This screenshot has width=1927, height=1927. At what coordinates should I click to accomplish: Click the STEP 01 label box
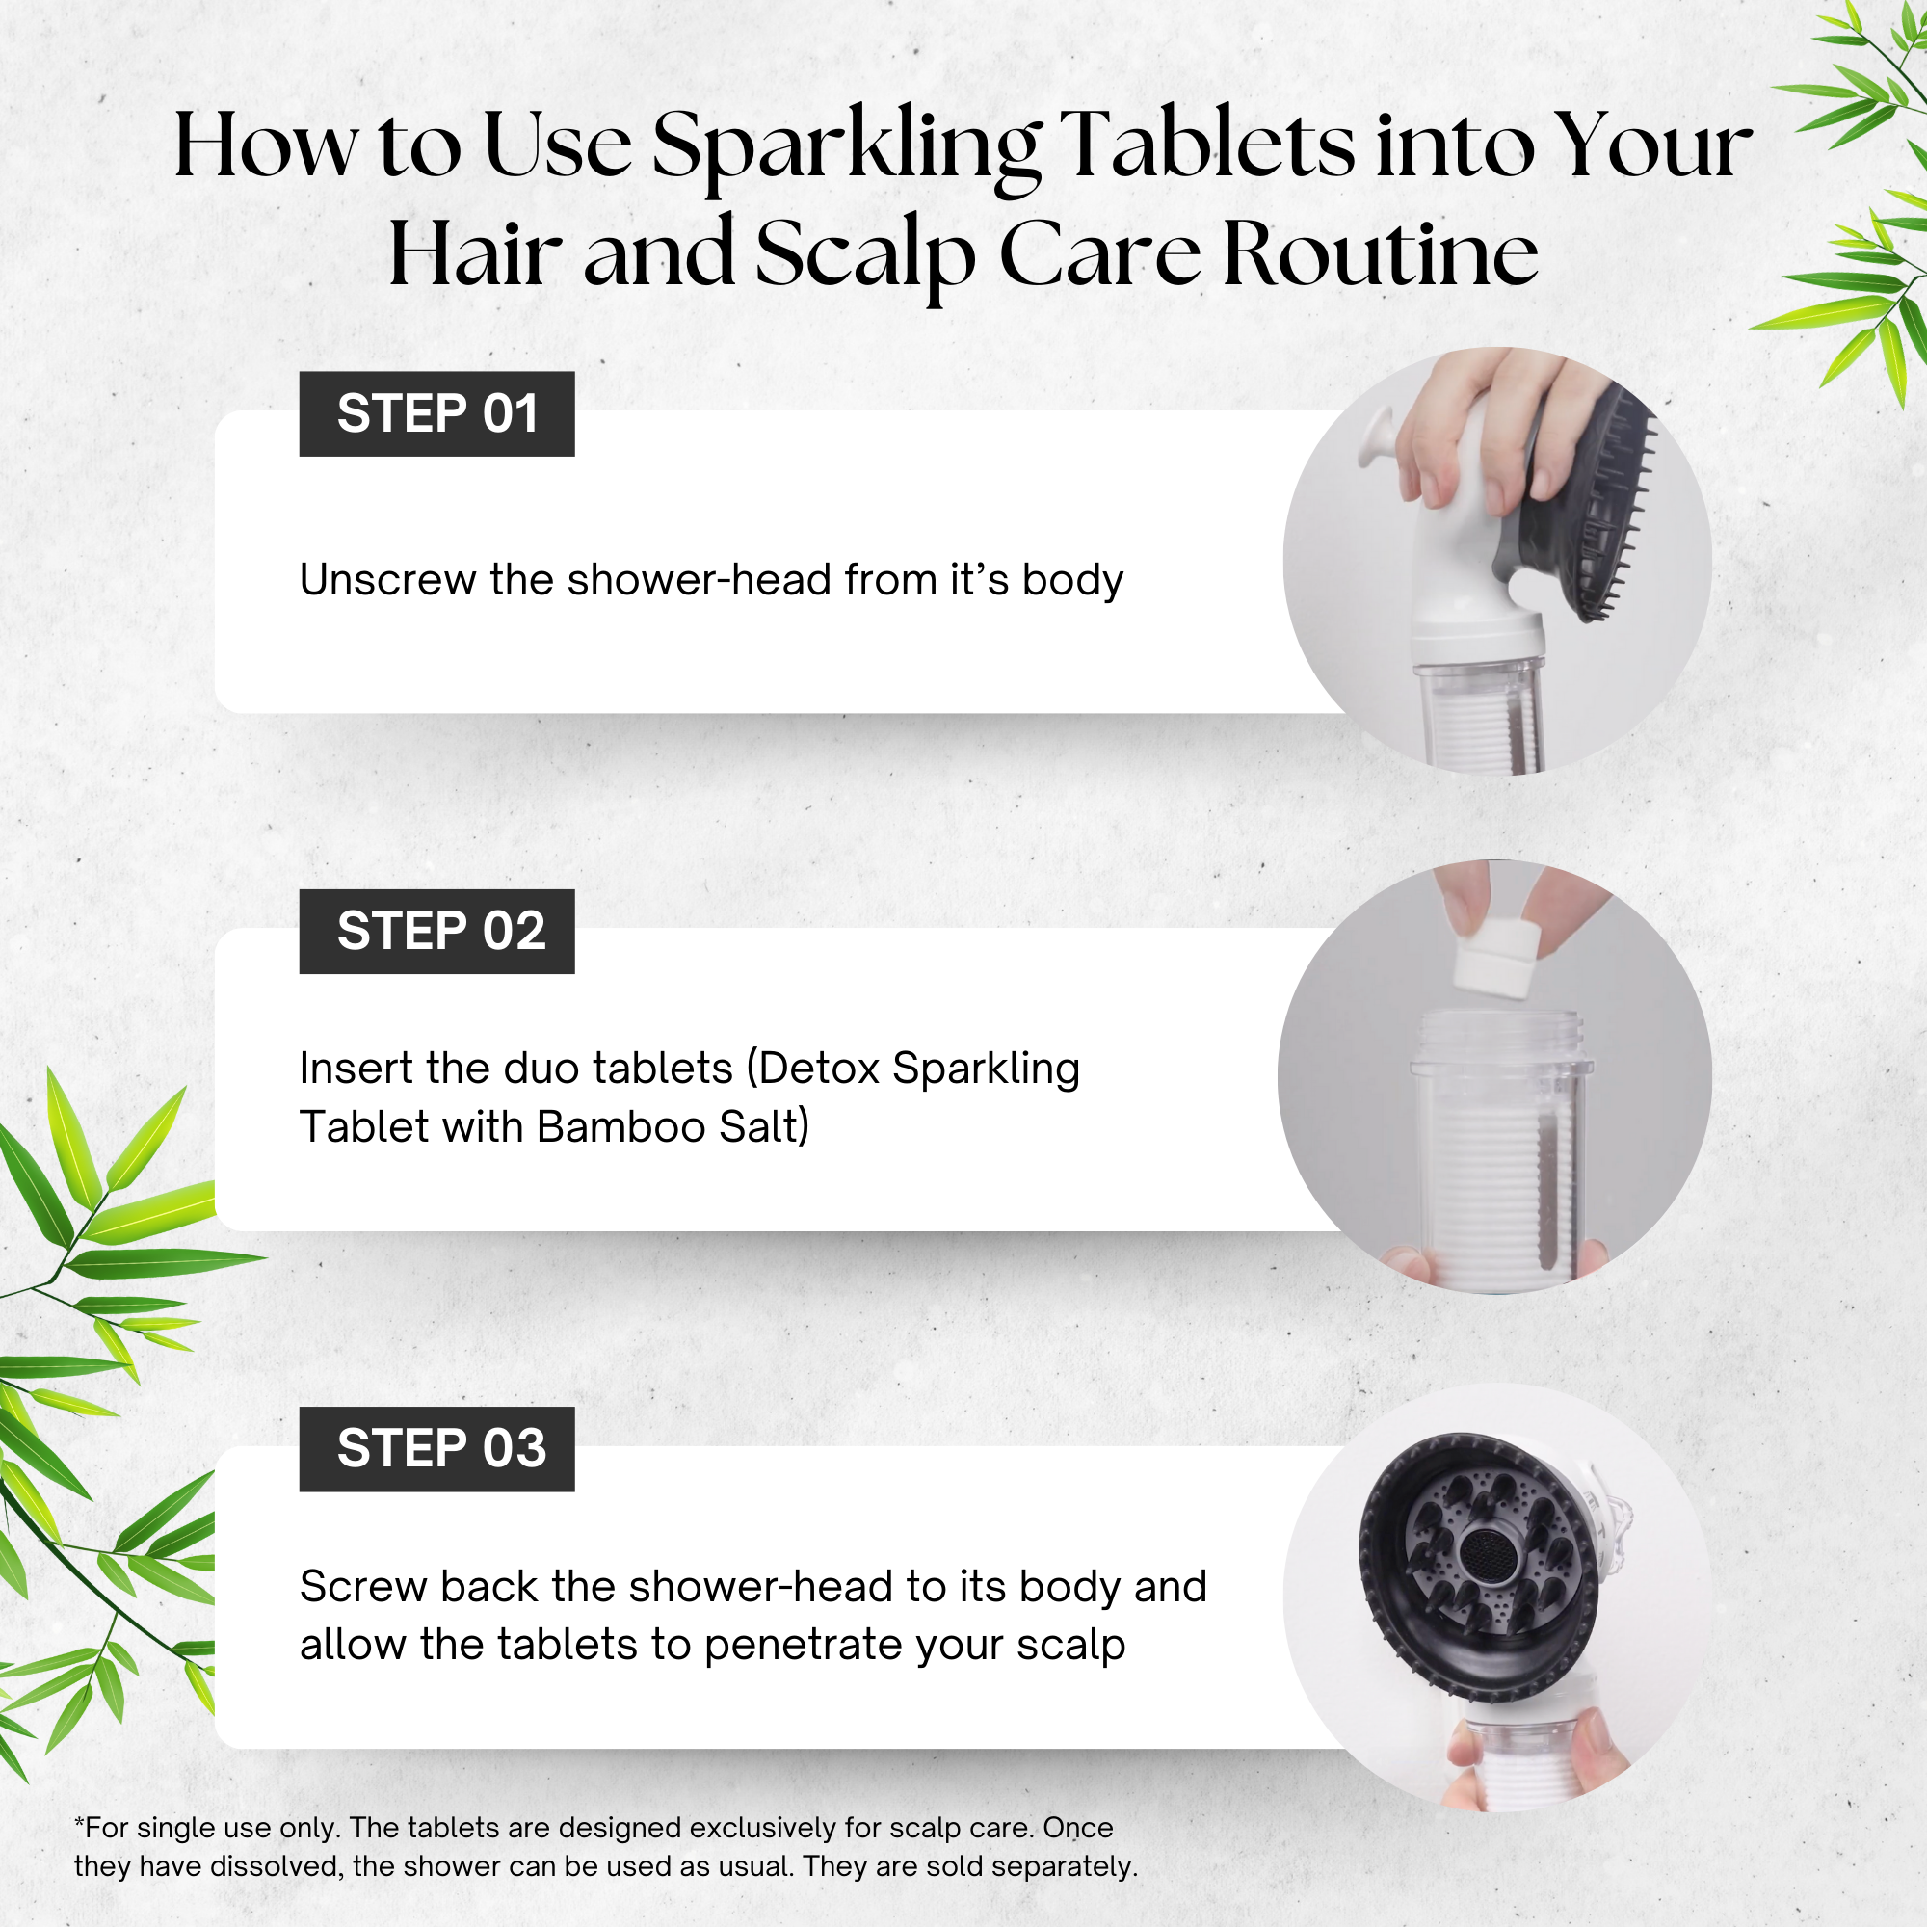click(436, 414)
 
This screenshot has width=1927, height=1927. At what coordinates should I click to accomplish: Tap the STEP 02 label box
click(436, 932)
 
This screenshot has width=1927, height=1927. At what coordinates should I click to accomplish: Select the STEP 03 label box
click(436, 1449)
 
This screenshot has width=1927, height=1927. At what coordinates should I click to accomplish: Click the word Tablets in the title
click(1207, 145)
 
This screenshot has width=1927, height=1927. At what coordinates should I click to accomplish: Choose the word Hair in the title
click(474, 255)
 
